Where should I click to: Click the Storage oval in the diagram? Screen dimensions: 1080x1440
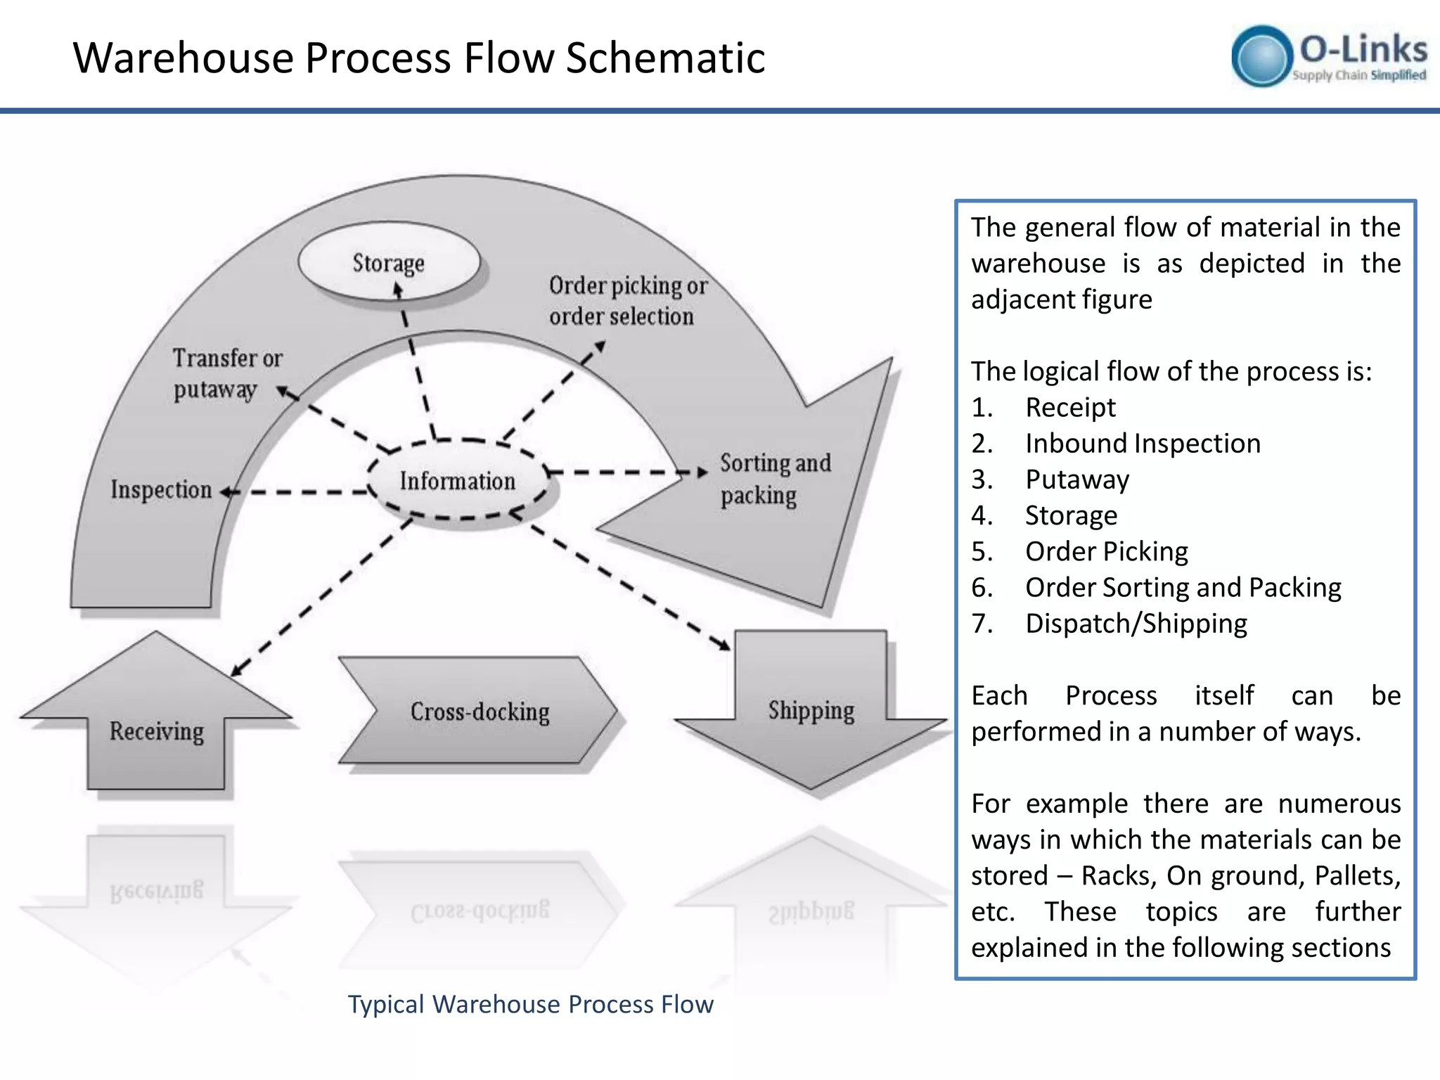coord(389,262)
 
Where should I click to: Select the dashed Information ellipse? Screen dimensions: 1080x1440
coord(458,481)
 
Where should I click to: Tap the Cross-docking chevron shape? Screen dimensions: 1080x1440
coord(480,711)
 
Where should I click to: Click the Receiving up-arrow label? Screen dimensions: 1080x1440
coord(156,731)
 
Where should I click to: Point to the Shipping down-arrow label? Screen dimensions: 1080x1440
coord(811,710)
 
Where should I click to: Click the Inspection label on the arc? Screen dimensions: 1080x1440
coord(161,489)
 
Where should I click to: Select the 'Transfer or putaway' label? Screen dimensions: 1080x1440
coord(226,373)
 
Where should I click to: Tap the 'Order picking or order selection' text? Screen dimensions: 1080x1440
coord(627,301)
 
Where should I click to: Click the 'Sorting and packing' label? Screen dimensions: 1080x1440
coord(774,479)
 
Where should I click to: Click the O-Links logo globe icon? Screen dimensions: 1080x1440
coord(1262,56)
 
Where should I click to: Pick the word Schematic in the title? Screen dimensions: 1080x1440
coord(665,58)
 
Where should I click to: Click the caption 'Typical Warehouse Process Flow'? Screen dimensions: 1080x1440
coord(531,1004)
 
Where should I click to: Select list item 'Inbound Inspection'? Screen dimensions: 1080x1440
coord(1143,444)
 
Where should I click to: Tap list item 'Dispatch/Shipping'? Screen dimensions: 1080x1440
coord(1136,624)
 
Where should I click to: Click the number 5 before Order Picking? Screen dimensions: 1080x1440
coord(981,552)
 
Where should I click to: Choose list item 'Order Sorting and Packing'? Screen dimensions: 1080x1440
coord(1183,588)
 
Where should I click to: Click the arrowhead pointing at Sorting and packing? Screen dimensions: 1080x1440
coord(702,472)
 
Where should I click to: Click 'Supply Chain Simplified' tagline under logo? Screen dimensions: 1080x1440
coord(1358,75)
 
